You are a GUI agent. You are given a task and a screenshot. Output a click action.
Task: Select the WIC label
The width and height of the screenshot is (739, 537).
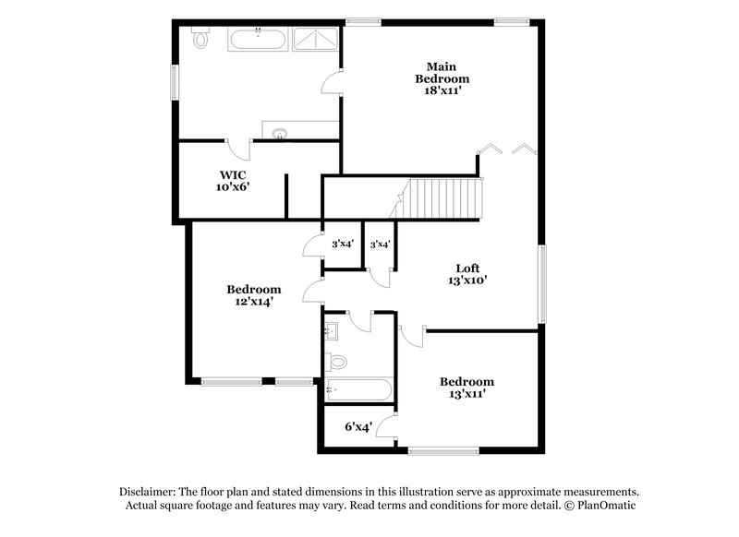click(232, 173)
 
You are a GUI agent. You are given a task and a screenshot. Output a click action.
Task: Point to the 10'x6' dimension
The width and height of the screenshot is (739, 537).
click(232, 186)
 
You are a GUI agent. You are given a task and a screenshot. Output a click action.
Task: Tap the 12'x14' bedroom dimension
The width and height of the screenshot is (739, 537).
click(253, 301)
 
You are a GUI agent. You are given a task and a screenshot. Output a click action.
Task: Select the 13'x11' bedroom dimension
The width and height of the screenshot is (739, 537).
click(466, 394)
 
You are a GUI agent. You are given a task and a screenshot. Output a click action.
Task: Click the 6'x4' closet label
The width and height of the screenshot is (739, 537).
click(357, 427)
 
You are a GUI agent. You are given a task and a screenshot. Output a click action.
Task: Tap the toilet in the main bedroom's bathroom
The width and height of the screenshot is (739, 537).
click(200, 39)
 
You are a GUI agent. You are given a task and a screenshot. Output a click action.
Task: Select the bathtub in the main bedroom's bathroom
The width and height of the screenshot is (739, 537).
click(257, 40)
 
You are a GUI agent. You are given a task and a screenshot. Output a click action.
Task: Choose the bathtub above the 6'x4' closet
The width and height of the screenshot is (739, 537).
click(358, 390)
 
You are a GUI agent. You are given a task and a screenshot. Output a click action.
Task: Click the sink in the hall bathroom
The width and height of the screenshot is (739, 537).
click(332, 328)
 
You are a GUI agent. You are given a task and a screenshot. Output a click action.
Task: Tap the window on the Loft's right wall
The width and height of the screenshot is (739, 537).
click(542, 283)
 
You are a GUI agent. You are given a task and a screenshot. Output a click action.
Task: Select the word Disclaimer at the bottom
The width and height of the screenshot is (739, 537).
click(150, 492)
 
